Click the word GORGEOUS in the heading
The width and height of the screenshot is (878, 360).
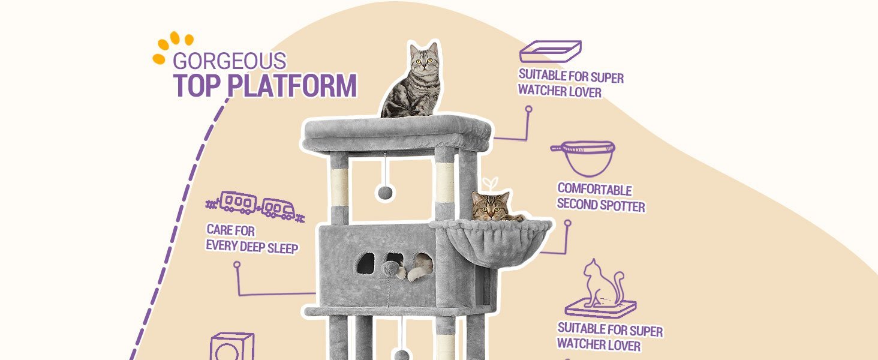tap(229, 61)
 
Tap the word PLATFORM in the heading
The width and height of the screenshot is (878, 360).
tap(292, 85)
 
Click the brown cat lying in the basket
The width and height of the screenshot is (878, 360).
tap(495, 206)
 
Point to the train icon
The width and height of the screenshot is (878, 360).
tap(255, 205)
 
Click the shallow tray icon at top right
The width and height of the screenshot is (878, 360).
tap(550, 52)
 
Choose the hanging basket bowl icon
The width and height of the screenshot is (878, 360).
tap(584, 158)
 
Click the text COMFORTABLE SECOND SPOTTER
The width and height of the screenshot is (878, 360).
tap(600, 197)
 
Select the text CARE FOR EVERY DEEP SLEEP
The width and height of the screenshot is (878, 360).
tap(252, 239)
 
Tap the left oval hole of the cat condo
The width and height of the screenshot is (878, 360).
tap(366, 263)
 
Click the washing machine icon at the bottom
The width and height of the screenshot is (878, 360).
tap(232, 346)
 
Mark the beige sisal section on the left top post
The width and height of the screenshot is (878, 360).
tap(339, 187)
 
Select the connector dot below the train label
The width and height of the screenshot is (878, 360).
tap(237, 265)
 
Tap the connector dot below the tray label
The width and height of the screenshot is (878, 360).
tap(528, 109)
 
